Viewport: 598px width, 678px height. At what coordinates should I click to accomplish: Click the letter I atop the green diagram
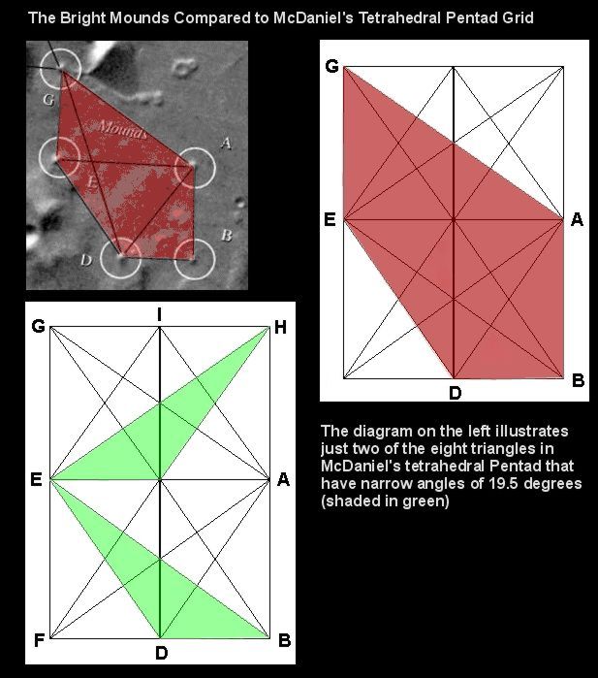[x=160, y=315]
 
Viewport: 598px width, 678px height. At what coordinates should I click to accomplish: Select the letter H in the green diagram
[x=280, y=327]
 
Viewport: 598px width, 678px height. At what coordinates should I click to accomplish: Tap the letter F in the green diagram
[x=39, y=640]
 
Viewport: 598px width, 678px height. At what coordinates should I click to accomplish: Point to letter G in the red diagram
[x=331, y=66]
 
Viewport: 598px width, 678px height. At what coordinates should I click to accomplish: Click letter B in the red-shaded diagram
[x=578, y=380]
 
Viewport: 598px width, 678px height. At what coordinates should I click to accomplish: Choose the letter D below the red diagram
[x=455, y=393]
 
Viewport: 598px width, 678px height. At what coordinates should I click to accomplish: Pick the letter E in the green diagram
[x=36, y=479]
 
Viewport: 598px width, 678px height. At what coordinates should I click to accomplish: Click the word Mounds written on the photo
[x=122, y=129]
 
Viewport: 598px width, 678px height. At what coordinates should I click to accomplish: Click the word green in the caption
[x=423, y=500]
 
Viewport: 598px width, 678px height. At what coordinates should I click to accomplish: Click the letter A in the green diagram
[x=283, y=479]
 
